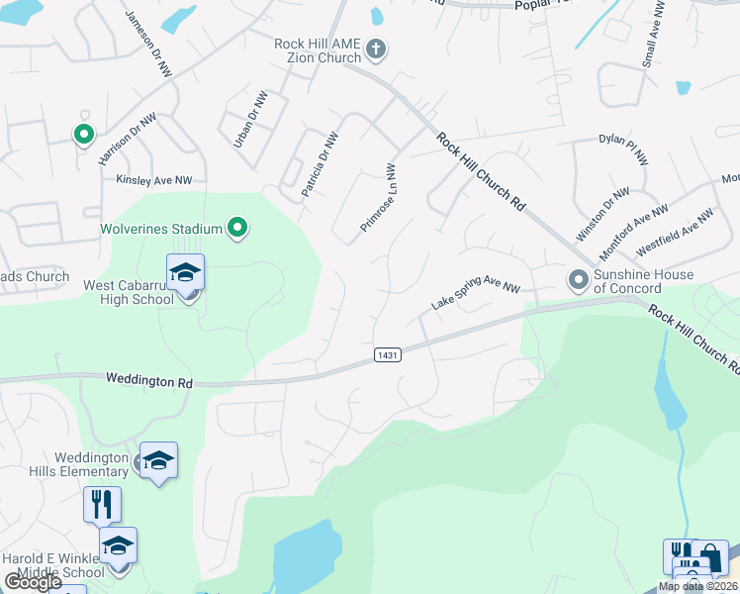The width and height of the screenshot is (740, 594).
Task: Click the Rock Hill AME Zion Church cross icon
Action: [375, 49]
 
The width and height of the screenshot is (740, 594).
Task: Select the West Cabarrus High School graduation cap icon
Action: [185, 272]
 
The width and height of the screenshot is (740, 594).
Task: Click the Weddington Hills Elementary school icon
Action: [158, 460]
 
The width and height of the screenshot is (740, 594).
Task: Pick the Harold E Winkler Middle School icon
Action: [118, 546]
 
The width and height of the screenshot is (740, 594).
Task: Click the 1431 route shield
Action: [387, 354]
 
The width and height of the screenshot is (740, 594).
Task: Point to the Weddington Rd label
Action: [148, 380]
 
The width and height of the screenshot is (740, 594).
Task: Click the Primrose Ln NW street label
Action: [378, 198]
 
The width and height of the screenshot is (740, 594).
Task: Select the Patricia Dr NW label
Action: [321, 164]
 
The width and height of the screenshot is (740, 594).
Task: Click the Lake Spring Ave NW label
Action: [476, 294]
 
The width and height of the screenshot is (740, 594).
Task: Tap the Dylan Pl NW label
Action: [623, 148]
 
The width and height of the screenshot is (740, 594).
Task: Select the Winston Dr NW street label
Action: [603, 215]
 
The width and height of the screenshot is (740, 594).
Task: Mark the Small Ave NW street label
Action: [654, 34]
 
